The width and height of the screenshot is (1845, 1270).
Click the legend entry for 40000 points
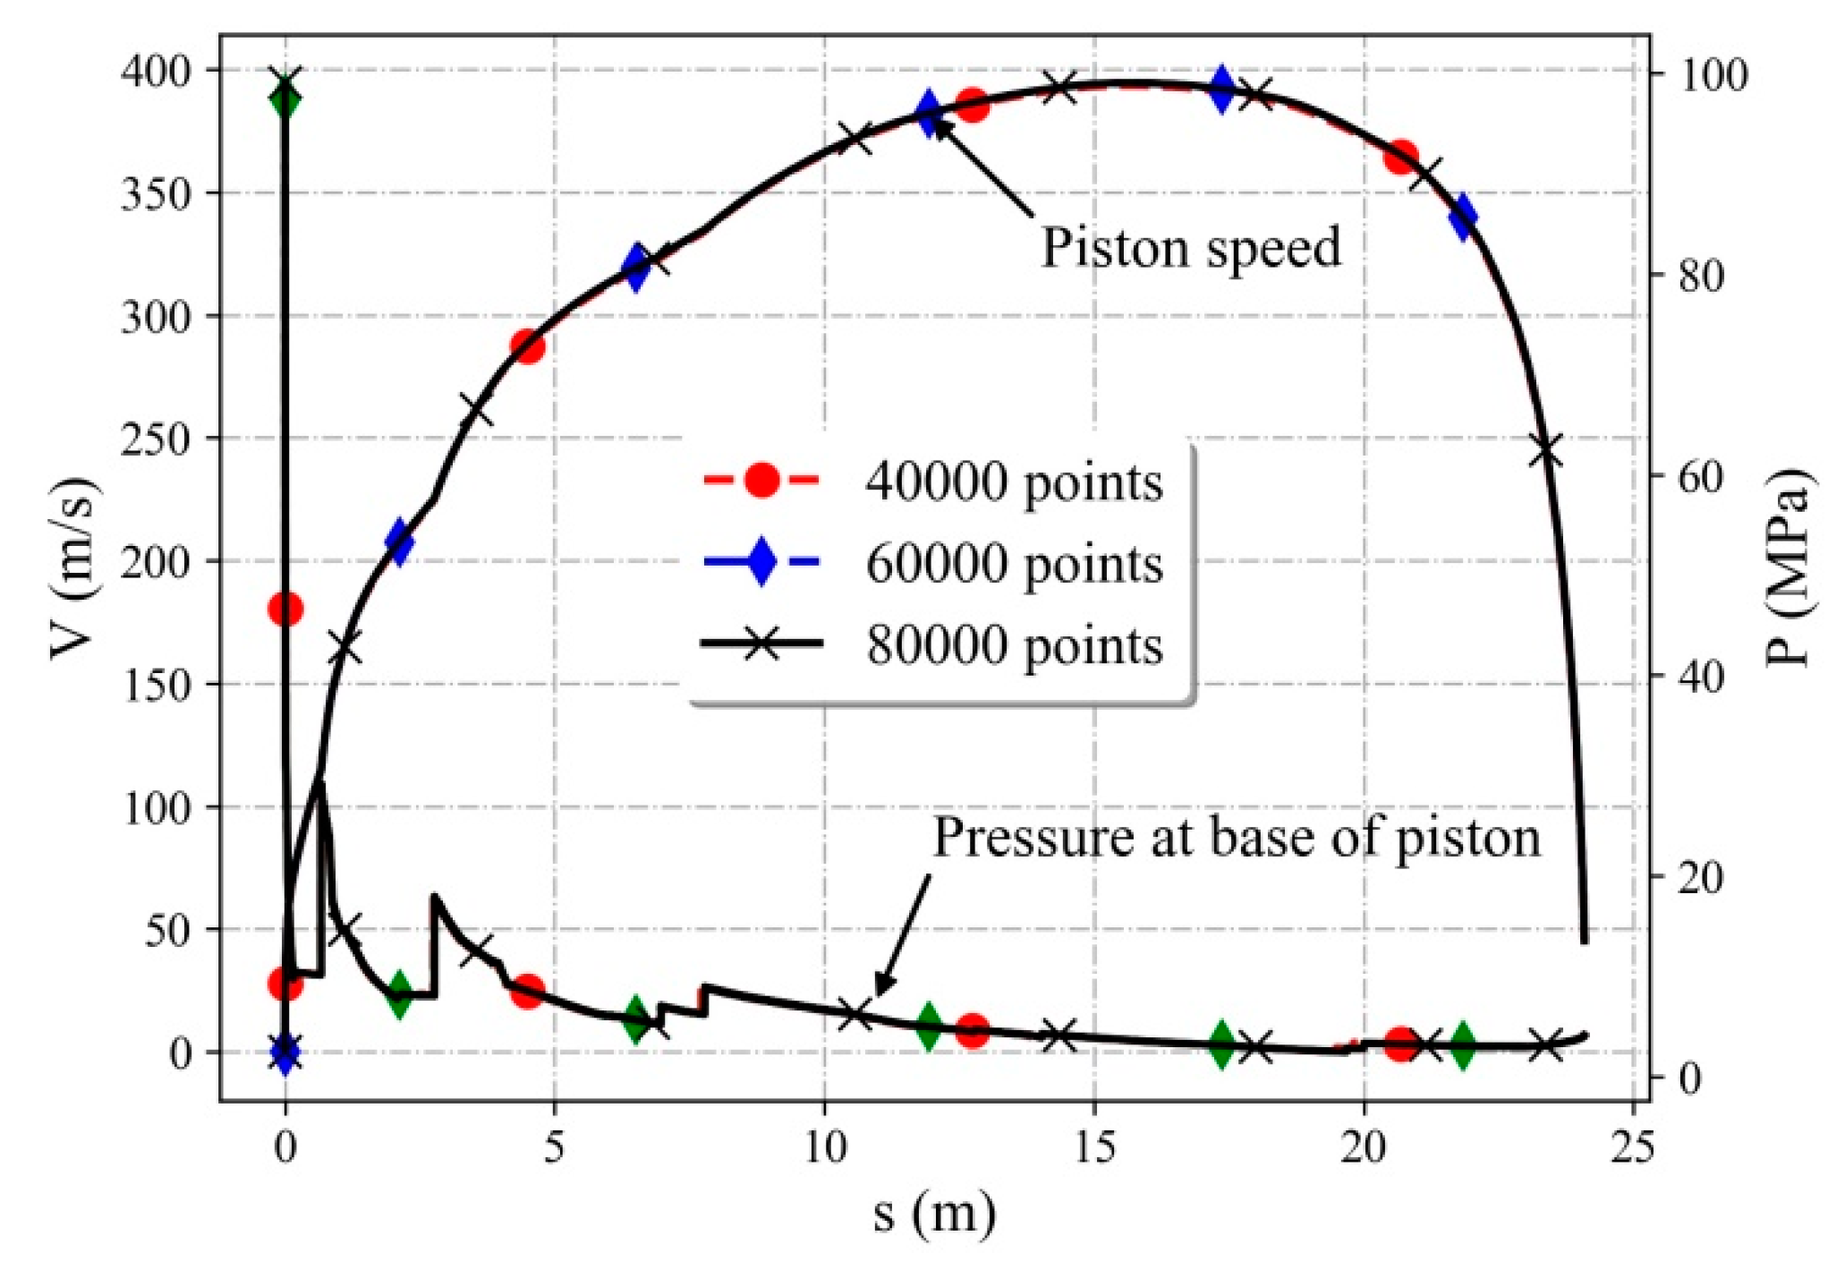tap(1013, 482)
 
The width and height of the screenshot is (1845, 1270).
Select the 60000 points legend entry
tap(1013, 564)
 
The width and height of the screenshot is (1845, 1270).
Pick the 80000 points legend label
tap(1013, 644)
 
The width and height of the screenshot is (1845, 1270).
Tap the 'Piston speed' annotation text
tap(1191, 247)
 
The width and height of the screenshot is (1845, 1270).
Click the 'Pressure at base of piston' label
tap(1237, 838)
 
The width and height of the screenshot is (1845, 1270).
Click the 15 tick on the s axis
tap(1093, 1147)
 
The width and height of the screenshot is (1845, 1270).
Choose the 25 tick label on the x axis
tap(1632, 1147)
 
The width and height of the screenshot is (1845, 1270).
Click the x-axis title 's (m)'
tap(934, 1215)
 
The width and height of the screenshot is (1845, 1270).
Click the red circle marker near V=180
tap(285, 609)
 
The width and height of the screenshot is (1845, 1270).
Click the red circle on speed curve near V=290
tap(528, 346)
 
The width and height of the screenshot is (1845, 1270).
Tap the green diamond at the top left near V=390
tap(285, 99)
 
